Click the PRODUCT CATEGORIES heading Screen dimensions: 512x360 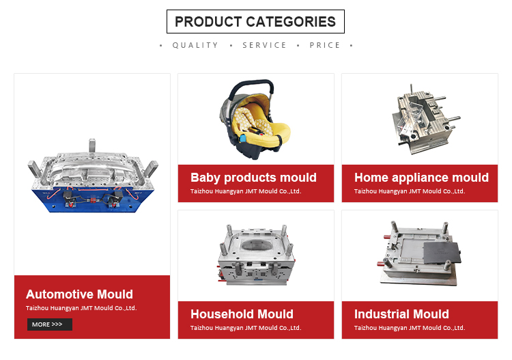pyautogui.click(x=255, y=22)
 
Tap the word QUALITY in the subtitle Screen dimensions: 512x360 pyautogui.click(x=195, y=45)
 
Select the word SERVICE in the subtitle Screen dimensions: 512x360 pyautogui.click(x=264, y=45)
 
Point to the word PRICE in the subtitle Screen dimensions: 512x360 pyautogui.click(x=325, y=45)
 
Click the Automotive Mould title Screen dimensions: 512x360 pyautogui.click(x=79, y=294)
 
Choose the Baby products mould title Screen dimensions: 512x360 pyautogui.click(x=253, y=178)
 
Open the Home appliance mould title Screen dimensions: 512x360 pyautogui.click(x=421, y=178)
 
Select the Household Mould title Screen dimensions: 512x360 pyautogui.click(x=242, y=314)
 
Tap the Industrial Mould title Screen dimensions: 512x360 pyautogui.click(x=401, y=314)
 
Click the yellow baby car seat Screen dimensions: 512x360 pyautogui.click(x=255, y=120)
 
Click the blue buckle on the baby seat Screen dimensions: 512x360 pyautogui.click(x=242, y=138)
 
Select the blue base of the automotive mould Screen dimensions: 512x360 pyautogui.click(x=93, y=200)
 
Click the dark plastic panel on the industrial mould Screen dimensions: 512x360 pyautogui.click(x=442, y=253)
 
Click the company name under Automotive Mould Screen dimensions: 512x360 pyautogui.click(x=81, y=308)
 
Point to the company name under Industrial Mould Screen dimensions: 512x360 pyautogui.click(x=410, y=328)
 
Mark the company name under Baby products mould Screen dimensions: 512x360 pyautogui.click(x=246, y=191)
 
